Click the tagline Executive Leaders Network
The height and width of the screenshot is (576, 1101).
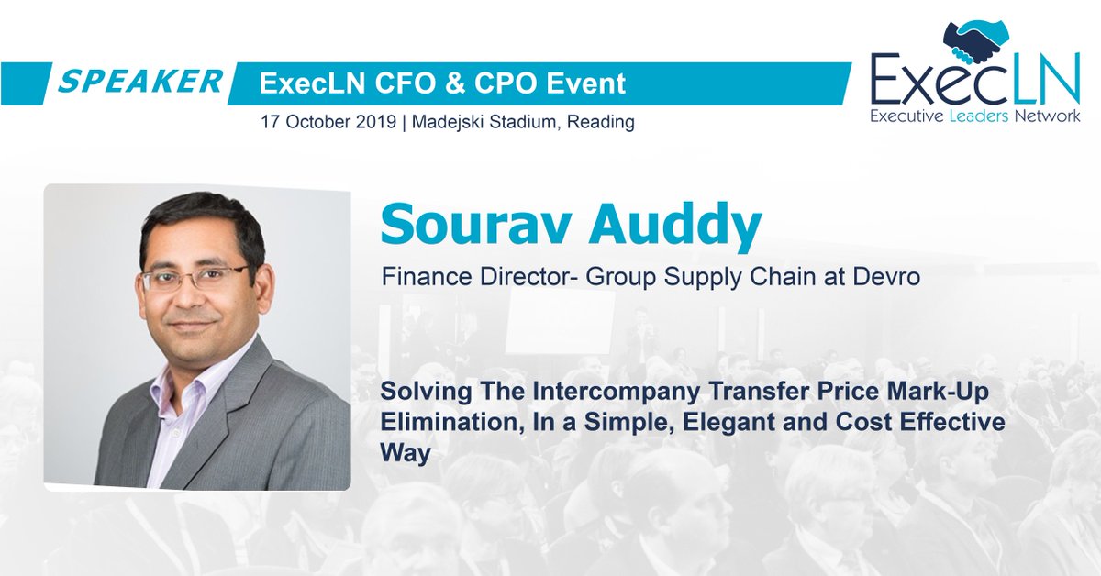pyautogui.click(x=974, y=116)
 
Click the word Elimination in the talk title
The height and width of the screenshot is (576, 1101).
pyautogui.click(x=439, y=424)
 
